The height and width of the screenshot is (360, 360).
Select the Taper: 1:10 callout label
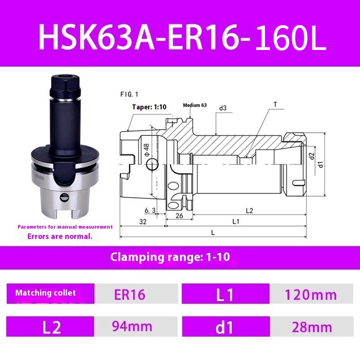[149, 107]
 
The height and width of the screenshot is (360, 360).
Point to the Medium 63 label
[194, 105]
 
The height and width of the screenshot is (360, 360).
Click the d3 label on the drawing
[222, 108]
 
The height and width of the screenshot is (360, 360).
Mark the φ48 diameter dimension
[146, 150]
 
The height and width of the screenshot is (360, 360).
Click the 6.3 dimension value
[150, 210]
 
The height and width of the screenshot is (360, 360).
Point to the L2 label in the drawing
[249, 210]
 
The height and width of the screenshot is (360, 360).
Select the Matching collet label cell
[45, 293]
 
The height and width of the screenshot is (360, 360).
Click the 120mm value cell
[310, 294]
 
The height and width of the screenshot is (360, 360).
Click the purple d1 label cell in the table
[225, 327]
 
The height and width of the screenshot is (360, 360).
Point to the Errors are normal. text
[60, 236]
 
